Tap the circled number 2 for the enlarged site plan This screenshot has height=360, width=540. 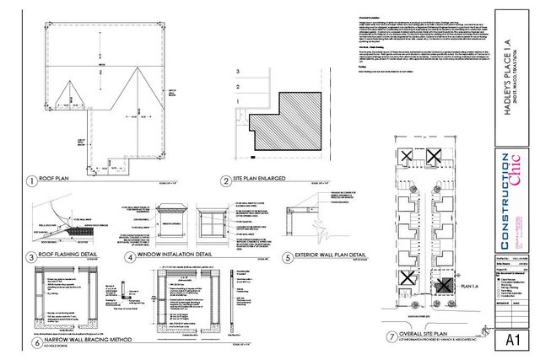225,180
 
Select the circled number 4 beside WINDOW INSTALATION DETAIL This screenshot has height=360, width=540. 128,257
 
